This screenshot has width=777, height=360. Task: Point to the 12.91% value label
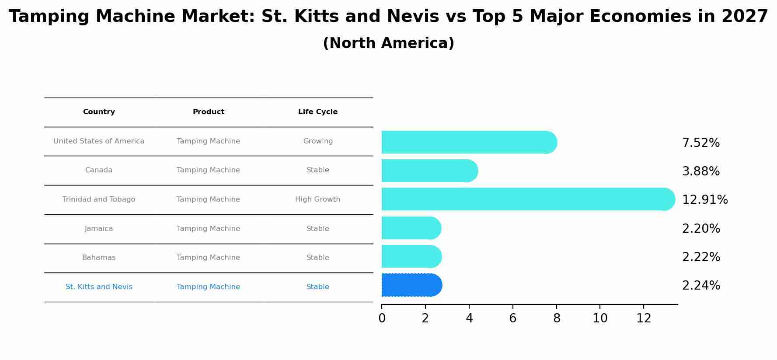705,200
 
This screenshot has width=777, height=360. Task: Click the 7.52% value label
700,143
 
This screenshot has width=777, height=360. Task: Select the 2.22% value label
701,257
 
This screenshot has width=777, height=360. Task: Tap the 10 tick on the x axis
600,318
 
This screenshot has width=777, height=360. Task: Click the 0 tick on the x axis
382,318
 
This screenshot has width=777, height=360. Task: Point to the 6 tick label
513,318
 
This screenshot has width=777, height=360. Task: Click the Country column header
99,112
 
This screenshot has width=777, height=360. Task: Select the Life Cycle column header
318,112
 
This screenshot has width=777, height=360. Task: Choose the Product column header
209,112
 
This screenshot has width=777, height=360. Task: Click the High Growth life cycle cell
318,199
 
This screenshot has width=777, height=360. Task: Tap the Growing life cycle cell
318,141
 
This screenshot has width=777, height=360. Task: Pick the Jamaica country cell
99,229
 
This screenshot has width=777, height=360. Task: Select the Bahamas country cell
99,258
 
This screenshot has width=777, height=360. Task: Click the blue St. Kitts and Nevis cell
99,287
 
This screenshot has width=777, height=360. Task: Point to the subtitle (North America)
388,43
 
